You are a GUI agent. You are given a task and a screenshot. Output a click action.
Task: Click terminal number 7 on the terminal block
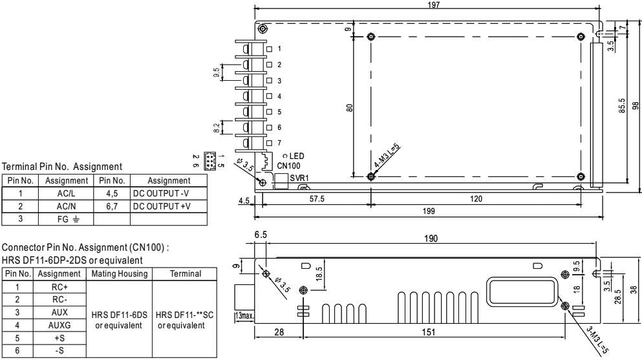(279, 142)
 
